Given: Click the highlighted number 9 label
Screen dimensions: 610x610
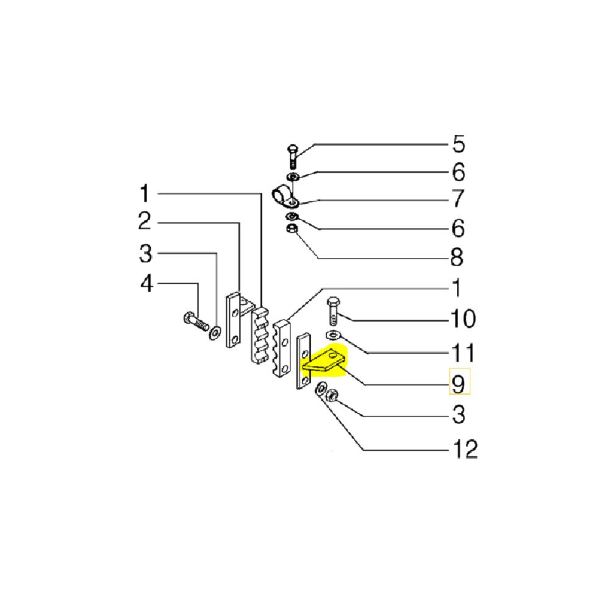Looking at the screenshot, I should click(x=459, y=382).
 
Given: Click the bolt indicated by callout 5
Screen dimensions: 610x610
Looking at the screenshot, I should click(x=292, y=156).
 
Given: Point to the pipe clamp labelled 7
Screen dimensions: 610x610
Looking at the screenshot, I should click(x=282, y=196).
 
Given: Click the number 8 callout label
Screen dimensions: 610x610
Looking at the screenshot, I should click(x=456, y=257).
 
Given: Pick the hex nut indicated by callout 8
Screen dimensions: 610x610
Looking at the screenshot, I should click(x=292, y=229).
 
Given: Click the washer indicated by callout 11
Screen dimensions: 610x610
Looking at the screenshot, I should click(x=333, y=335).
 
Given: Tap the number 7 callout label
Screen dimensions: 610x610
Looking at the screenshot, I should click(x=458, y=198).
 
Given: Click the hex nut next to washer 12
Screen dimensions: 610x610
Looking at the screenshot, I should click(x=333, y=395).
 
